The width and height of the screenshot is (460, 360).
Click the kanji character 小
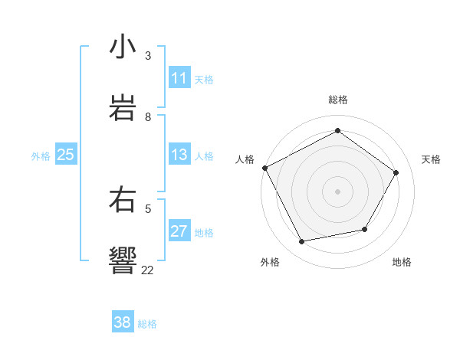(123, 47)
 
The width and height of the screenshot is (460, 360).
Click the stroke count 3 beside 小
(148, 56)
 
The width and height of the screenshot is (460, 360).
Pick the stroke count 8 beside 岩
(148, 117)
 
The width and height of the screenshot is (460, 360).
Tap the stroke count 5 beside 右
(148, 208)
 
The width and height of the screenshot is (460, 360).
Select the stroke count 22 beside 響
(148, 269)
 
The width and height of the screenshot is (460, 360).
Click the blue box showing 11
(179, 78)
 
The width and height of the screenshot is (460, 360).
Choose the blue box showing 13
(179, 155)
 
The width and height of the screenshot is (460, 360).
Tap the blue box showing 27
(179, 231)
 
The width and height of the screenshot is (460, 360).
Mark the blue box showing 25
(65, 155)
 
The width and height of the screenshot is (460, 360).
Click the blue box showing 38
(123, 322)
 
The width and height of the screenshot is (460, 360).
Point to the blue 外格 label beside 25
(41, 156)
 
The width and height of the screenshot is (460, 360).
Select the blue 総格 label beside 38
(147, 324)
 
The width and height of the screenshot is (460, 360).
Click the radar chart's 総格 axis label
(337, 100)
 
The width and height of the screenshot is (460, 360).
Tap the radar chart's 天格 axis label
(431, 159)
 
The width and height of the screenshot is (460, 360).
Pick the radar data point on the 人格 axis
(264, 168)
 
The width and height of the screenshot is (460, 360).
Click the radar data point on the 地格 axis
(365, 229)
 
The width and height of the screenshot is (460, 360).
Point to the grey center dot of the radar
(337, 191)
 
